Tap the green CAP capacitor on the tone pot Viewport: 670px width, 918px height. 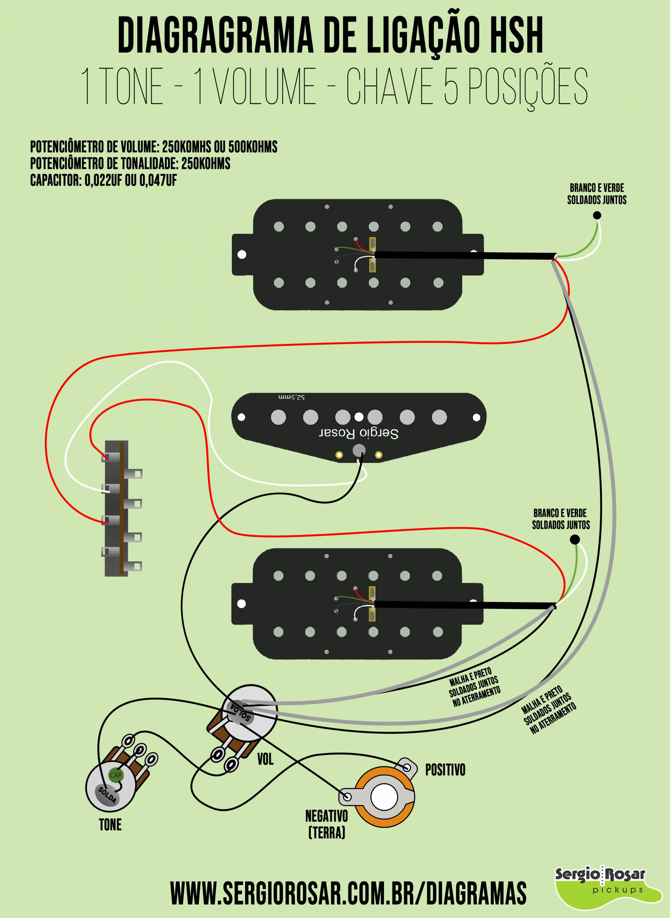(x=116, y=775)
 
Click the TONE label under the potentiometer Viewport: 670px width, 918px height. (x=110, y=825)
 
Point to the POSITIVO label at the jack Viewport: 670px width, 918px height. (x=445, y=770)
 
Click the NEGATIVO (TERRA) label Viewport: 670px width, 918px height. (x=326, y=824)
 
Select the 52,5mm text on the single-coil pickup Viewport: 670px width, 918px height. (x=291, y=397)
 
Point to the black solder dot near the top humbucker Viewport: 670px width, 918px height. (x=597, y=216)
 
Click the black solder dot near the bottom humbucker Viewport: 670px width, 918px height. (x=574, y=539)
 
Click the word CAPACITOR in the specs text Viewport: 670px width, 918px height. (x=56, y=180)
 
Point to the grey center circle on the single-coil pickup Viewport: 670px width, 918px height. (x=359, y=450)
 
